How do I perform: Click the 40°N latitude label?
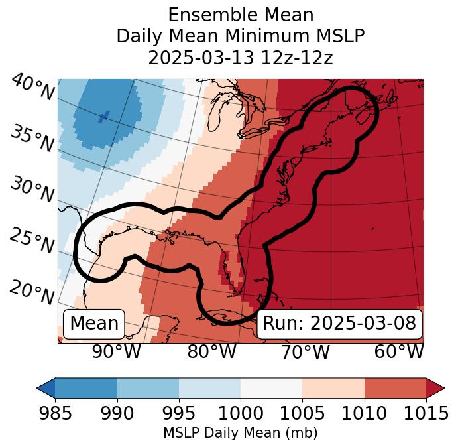click(32, 87)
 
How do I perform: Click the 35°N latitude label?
click(32, 137)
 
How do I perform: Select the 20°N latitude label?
click(32, 291)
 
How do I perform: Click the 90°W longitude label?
click(117, 352)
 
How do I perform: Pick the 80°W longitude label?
click(211, 352)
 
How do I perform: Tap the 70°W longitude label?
click(305, 352)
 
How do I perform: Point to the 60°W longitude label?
click(398, 352)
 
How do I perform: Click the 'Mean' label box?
click(94, 324)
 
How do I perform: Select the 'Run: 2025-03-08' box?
click(339, 324)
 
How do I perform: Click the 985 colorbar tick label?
click(55, 414)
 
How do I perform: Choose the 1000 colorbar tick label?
click(240, 414)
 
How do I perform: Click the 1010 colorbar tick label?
click(364, 414)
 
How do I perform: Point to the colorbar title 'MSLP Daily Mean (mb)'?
click(240, 433)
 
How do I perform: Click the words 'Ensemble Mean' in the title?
click(240, 15)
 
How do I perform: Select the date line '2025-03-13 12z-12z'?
click(240, 58)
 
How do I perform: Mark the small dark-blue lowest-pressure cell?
click(103, 117)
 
